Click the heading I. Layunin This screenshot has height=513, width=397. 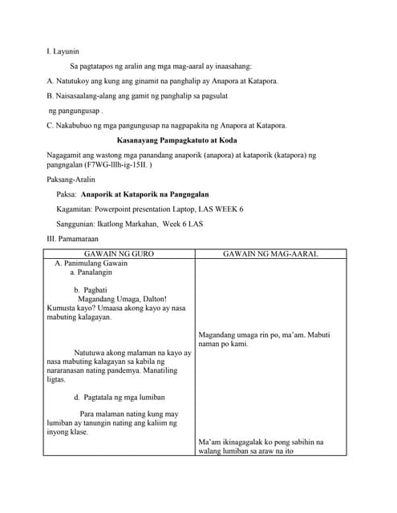[63, 51]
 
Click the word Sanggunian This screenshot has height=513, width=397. [78, 224]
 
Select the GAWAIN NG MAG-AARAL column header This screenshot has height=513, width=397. [270, 254]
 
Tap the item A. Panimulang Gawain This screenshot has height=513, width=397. [91, 263]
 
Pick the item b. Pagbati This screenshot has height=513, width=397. [90, 290]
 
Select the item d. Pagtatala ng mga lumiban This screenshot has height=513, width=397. [119, 397]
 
